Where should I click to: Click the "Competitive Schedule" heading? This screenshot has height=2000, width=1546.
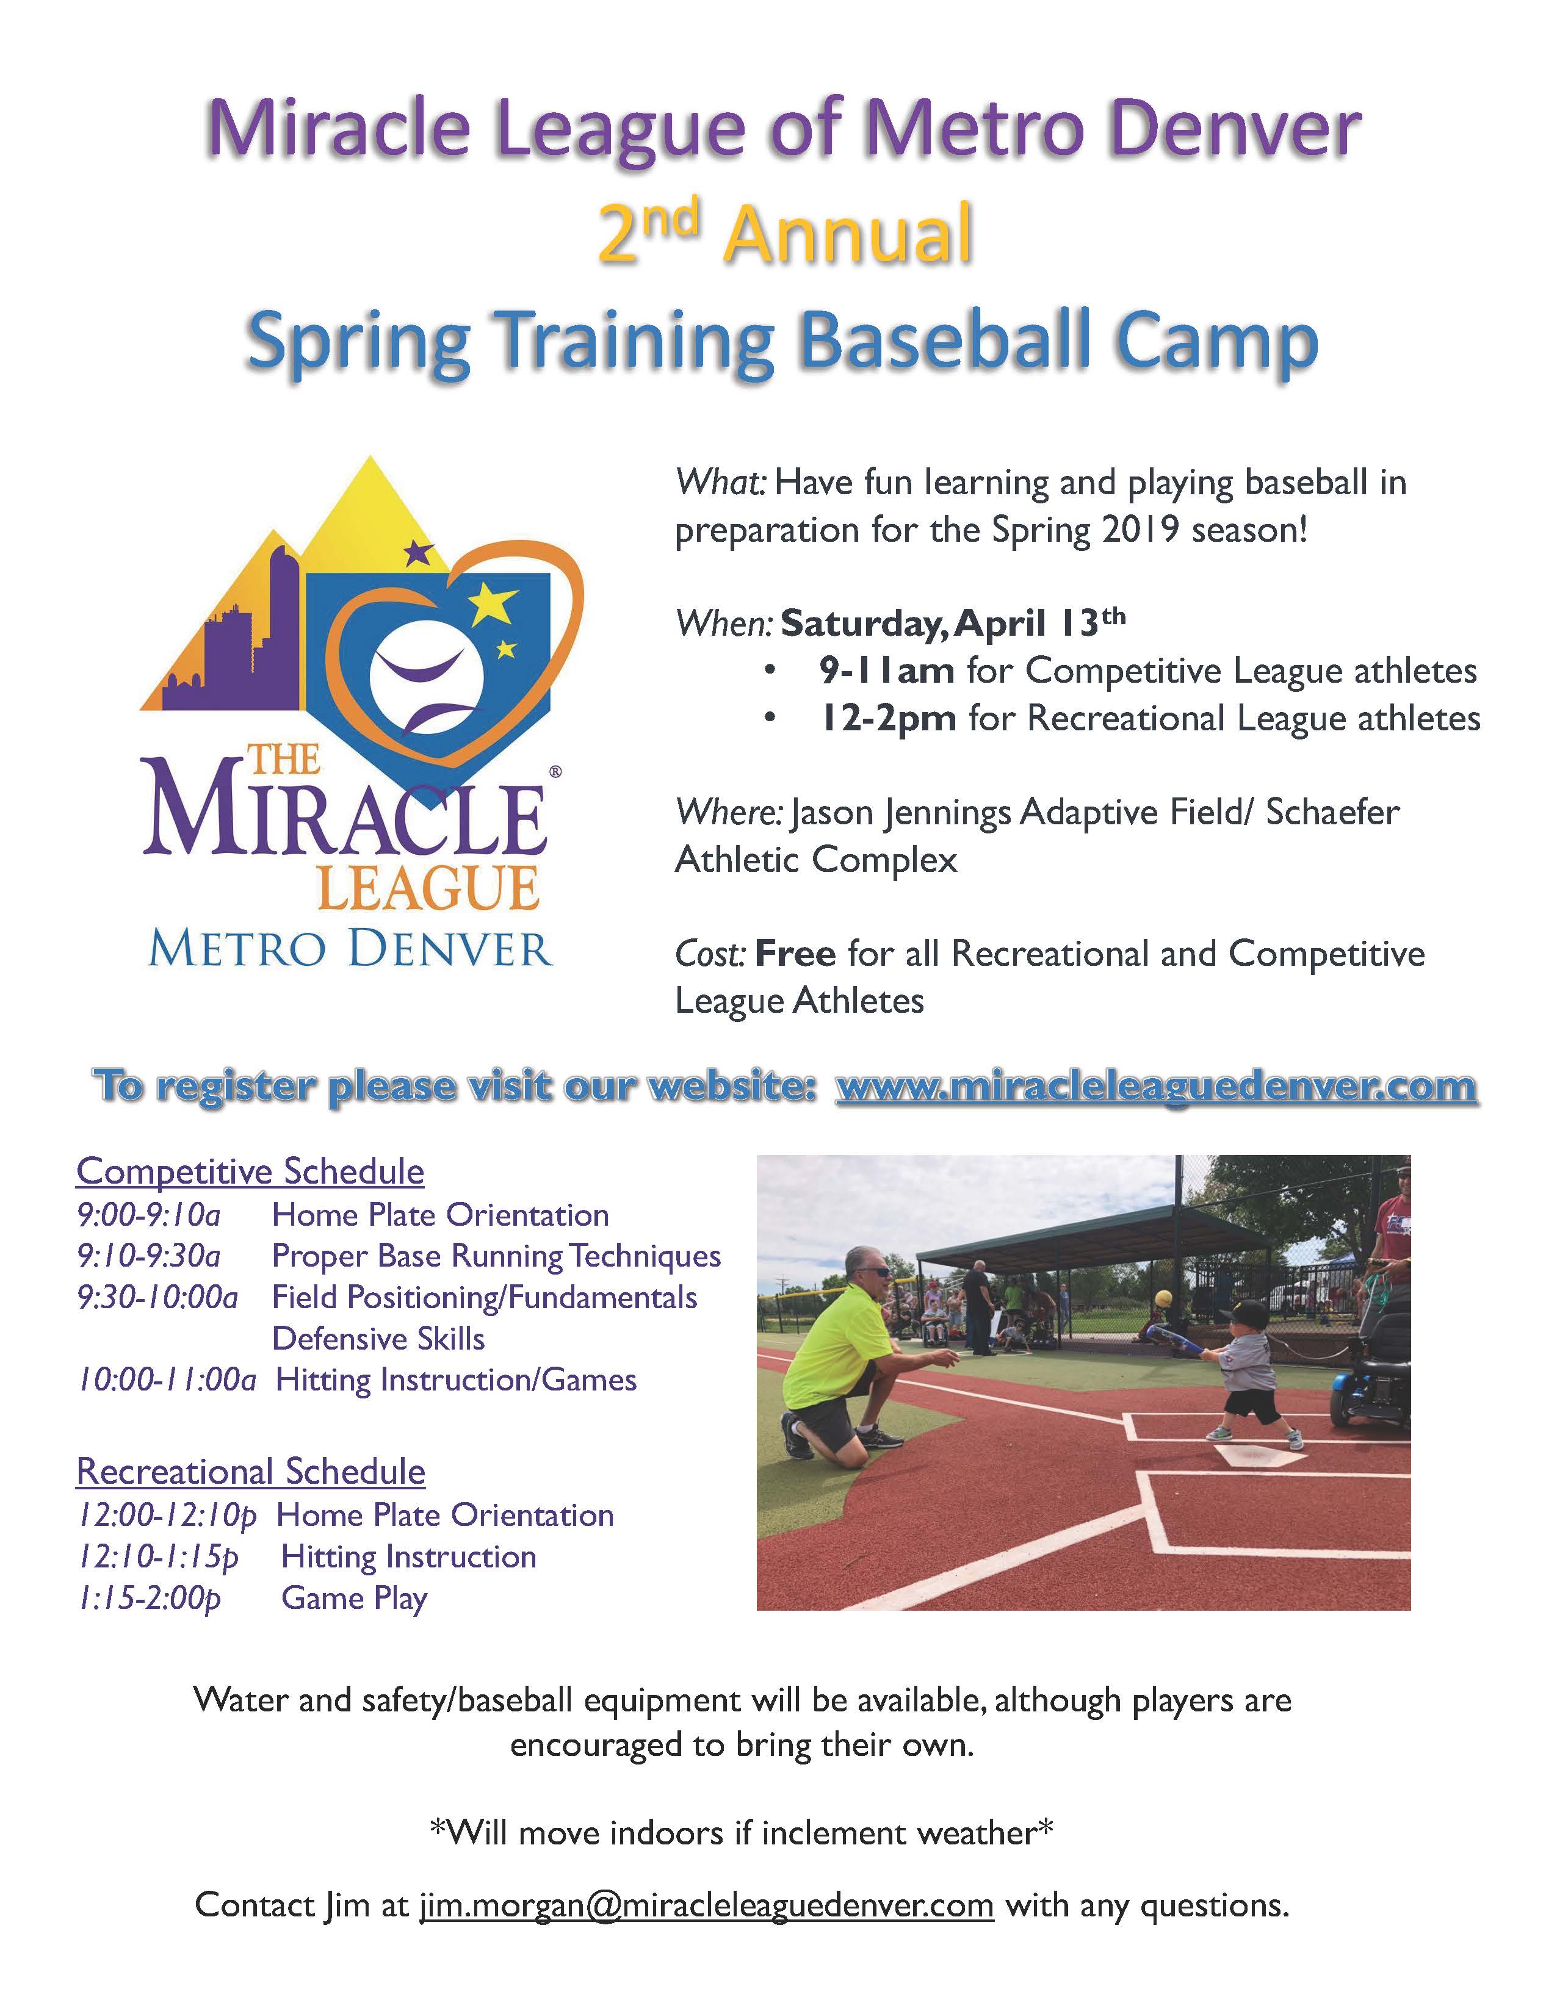[250, 1172]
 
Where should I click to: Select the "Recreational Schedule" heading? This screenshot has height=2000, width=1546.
[251, 1472]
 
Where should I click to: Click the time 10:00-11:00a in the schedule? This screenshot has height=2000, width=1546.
[167, 1380]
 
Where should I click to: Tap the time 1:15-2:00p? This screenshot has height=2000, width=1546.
[150, 1598]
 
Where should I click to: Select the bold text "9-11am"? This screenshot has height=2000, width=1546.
[887, 671]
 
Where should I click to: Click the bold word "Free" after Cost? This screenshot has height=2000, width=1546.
[795, 954]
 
